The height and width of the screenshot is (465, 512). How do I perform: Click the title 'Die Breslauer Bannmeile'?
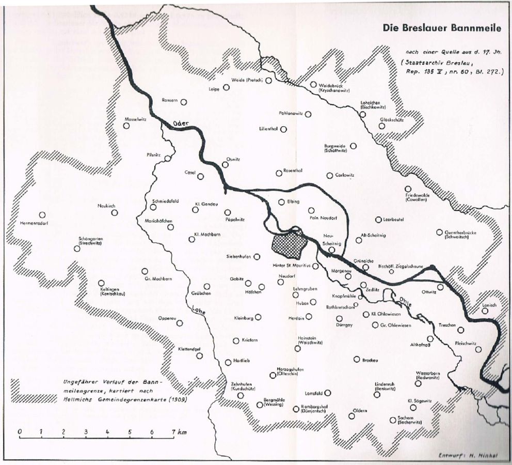[442, 29]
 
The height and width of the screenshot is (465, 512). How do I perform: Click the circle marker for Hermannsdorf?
[42, 215]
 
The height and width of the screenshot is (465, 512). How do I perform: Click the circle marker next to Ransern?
[183, 102]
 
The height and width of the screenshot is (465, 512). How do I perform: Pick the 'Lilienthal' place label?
[268, 129]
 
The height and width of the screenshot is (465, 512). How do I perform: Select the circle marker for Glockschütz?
[382, 125]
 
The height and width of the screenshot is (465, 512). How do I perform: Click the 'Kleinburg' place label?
[244, 318]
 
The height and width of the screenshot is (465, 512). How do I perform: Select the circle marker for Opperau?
[180, 323]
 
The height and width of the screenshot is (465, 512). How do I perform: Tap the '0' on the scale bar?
[19, 431]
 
